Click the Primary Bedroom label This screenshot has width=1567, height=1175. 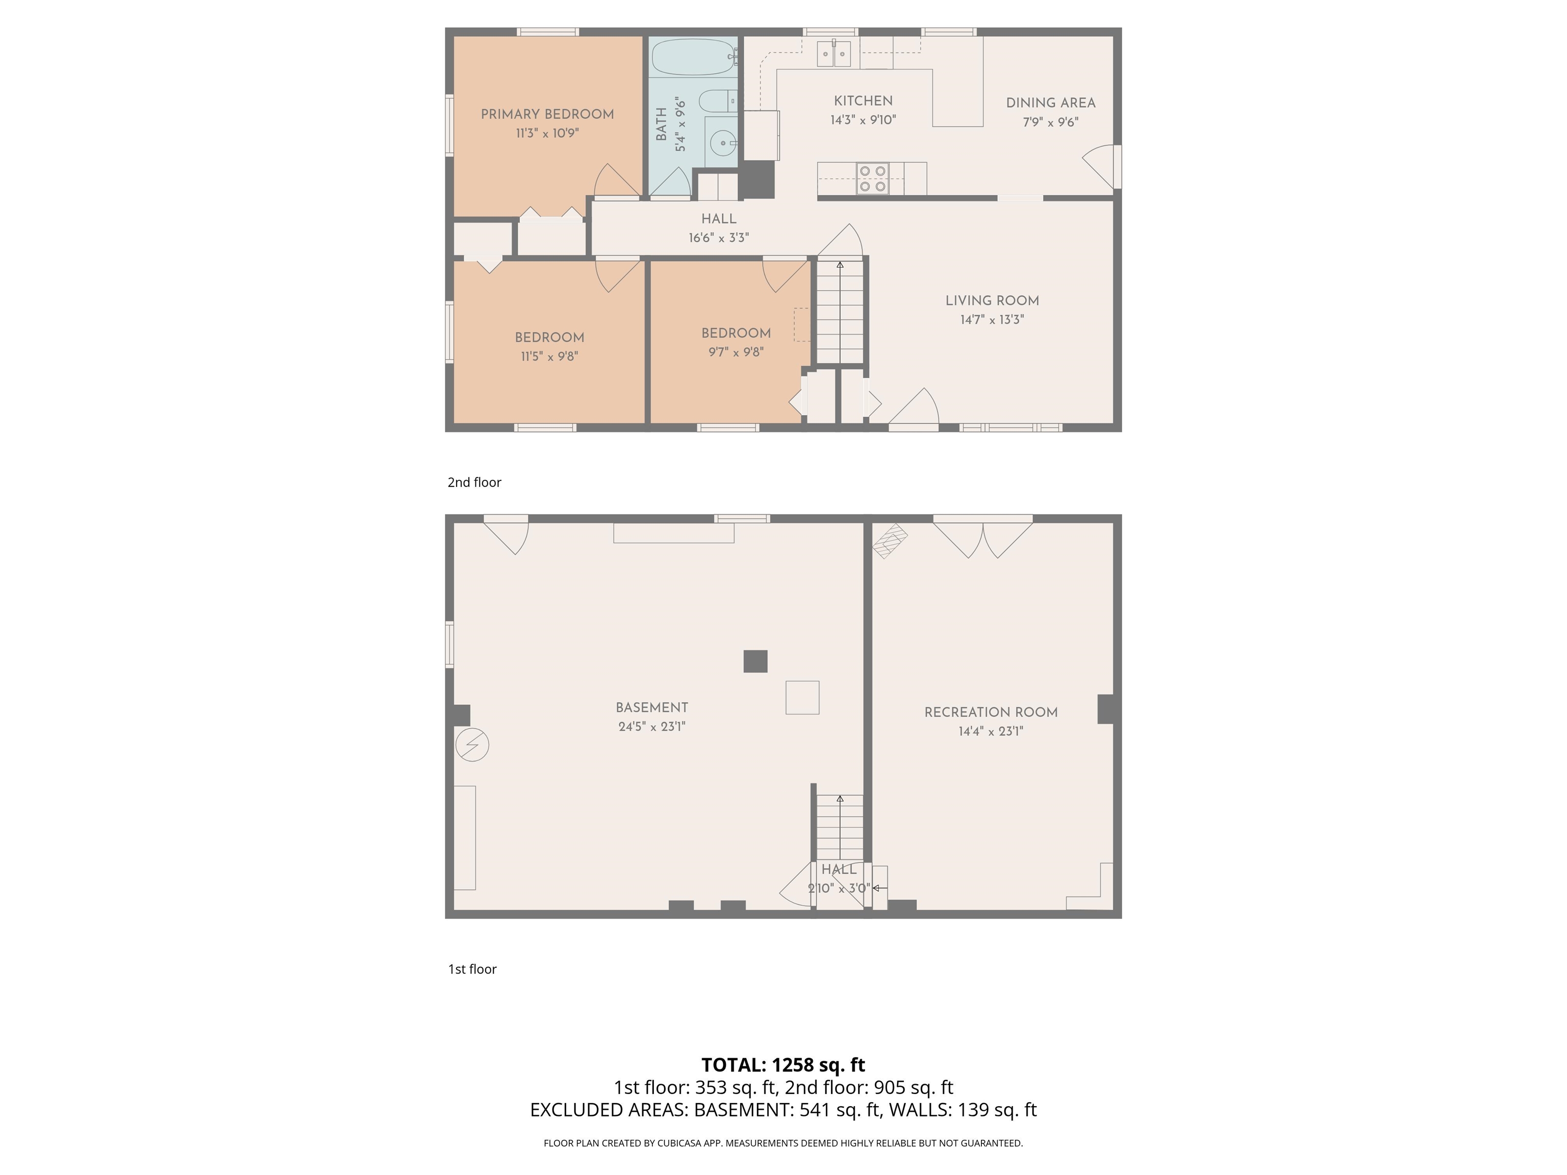pyautogui.click(x=547, y=114)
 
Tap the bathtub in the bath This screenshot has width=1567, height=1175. pyautogui.click(x=693, y=57)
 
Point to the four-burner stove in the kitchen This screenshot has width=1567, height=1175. pyautogui.click(x=872, y=178)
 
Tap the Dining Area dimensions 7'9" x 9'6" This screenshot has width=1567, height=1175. pyautogui.click(x=1050, y=122)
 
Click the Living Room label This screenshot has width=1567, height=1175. pyautogui.click(x=992, y=300)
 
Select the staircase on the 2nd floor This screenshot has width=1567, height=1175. pyautogui.click(x=840, y=312)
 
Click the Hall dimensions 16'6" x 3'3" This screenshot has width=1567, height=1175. pyautogui.click(x=718, y=238)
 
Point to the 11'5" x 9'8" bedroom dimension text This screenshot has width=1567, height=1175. pyautogui.click(x=549, y=356)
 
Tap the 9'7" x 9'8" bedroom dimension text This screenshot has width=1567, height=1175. pyautogui.click(x=736, y=352)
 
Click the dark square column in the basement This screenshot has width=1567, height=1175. pyautogui.click(x=755, y=661)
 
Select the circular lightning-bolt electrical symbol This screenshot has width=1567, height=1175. pyautogui.click(x=472, y=745)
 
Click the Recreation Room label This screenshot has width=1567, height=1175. pyautogui.click(x=991, y=712)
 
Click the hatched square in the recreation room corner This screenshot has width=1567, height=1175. pyautogui.click(x=890, y=541)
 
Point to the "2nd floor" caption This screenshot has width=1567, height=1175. pyautogui.click(x=474, y=482)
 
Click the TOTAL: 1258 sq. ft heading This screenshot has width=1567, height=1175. pyautogui.click(x=783, y=1064)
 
